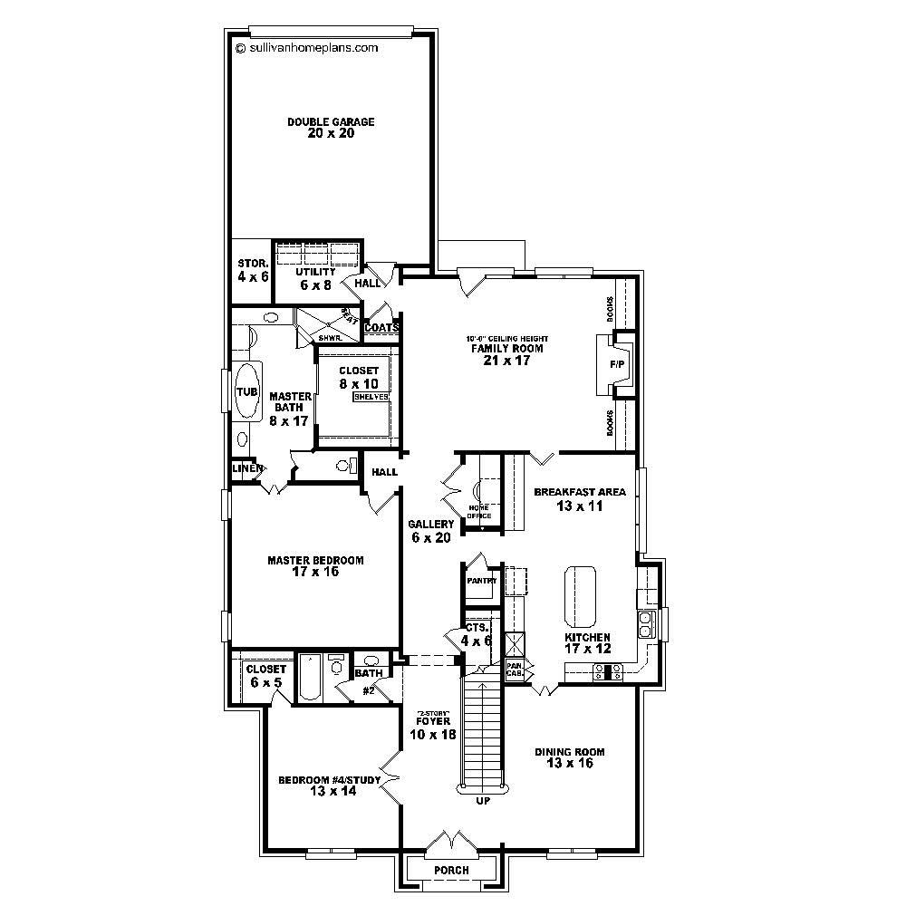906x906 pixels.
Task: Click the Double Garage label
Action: [x=318, y=128]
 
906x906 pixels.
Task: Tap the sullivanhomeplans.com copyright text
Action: [x=306, y=49]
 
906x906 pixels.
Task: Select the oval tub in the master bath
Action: [x=246, y=391]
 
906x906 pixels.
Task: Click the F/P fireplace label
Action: [x=617, y=364]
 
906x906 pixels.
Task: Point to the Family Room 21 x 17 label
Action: [x=499, y=354]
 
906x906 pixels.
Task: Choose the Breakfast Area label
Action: [x=580, y=499]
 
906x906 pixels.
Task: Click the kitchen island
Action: [x=580, y=597]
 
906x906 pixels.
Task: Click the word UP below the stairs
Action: [x=482, y=800]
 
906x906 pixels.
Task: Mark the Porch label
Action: [x=451, y=871]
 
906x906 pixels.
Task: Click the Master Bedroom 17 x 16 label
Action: [x=315, y=566]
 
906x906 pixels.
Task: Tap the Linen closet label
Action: [x=246, y=468]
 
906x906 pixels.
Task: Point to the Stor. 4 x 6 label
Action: [x=253, y=271]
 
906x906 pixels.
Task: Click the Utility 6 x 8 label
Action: [x=315, y=278]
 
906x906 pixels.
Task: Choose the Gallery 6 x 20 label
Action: [x=430, y=531]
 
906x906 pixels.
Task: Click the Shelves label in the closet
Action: [x=371, y=397]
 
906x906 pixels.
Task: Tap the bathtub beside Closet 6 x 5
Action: [x=309, y=679]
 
